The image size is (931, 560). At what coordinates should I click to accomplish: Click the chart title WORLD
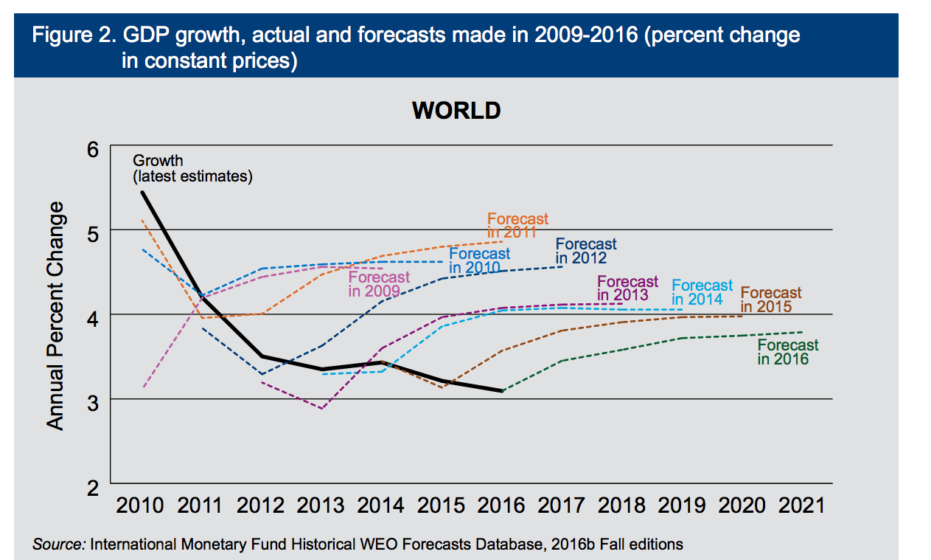point(456,111)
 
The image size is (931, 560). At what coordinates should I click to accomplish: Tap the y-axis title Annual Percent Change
point(56,315)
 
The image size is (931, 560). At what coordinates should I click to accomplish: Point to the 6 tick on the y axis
point(93,149)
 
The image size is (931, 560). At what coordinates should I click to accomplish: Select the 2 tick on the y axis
point(93,488)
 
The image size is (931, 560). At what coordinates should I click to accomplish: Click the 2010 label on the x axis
point(141,505)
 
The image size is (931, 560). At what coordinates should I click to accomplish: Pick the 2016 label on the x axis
point(501,505)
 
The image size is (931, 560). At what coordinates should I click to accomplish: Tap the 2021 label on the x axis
point(801,505)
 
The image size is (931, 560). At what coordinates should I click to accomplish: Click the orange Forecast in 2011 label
point(517,226)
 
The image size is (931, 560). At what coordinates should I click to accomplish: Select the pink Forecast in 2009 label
point(378,284)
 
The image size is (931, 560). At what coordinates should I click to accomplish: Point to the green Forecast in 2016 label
point(787,352)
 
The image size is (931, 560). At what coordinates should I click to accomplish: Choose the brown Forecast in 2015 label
point(770,300)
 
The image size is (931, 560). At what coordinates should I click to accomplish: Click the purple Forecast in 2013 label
point(627,288)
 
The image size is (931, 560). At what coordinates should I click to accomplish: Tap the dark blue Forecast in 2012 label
point(585,251)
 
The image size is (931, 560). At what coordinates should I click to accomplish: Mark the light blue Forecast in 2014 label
point(702,292)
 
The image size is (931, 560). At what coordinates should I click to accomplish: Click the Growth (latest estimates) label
point(192,168)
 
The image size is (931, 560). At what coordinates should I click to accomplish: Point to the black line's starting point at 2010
point(142,192)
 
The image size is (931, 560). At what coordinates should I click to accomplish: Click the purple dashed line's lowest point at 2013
point(322,408)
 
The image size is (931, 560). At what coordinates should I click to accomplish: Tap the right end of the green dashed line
point(801,332)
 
